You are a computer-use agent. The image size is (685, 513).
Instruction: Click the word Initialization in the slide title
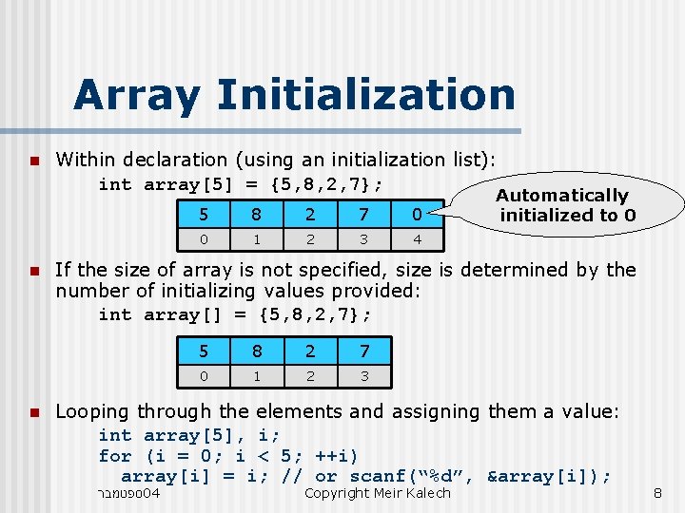(366, 95)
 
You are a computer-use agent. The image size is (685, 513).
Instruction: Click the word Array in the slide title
(137, 95)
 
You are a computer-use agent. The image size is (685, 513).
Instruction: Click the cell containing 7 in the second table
(363, 351)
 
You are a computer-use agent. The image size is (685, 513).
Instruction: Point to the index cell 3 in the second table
(363, 377)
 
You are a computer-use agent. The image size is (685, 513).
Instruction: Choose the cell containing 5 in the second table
(205, 351)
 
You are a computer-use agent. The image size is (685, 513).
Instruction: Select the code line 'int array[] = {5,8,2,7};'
(235, 314)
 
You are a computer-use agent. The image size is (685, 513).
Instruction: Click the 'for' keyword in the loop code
(115, 455)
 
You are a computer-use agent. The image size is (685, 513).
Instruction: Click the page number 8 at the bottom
(656, 493)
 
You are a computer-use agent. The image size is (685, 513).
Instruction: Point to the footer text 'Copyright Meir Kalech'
(377, 493)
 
